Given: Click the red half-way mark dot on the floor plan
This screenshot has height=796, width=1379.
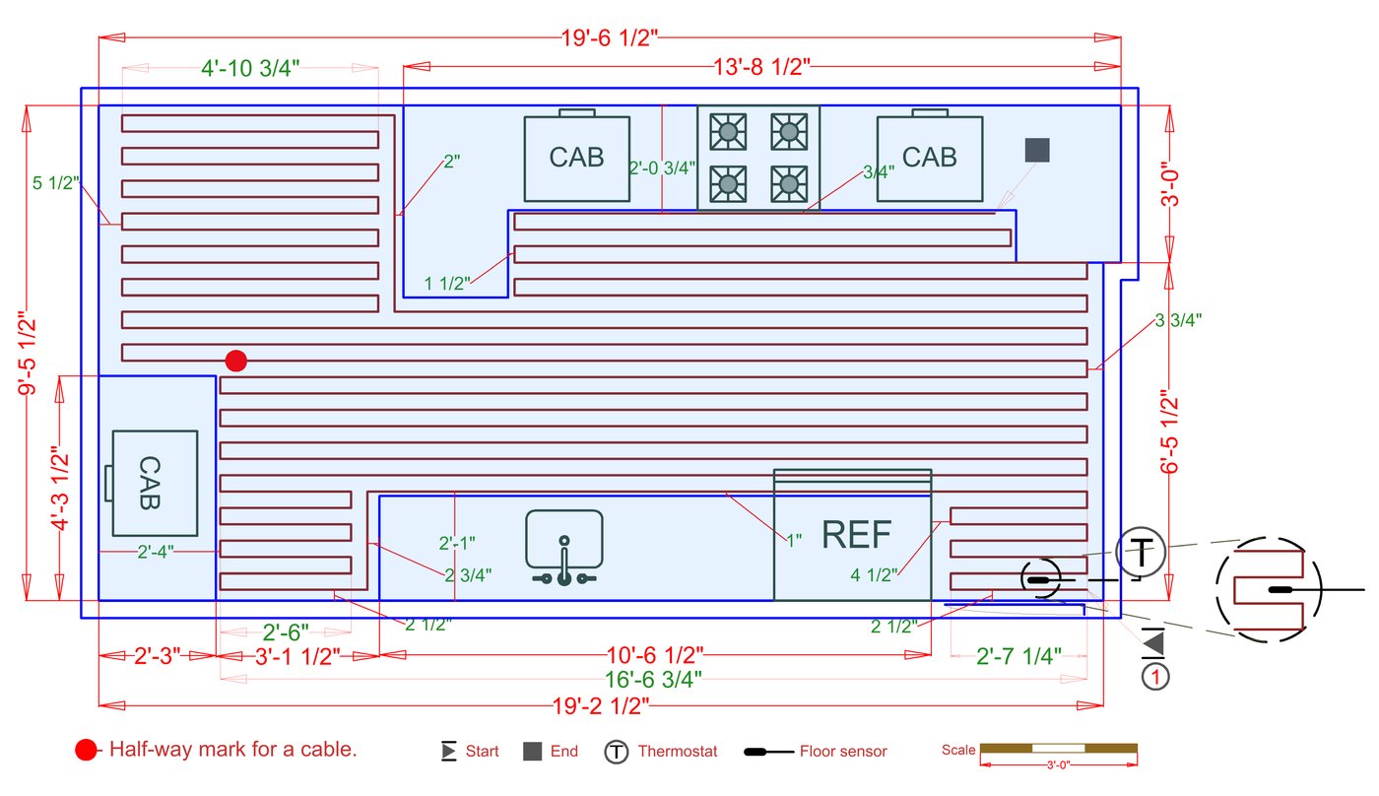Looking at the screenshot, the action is coord(236,361).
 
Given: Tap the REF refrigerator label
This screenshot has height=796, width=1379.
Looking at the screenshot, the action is coord(856,534).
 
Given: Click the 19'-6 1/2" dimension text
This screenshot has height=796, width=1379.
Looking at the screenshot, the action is coord(610,38).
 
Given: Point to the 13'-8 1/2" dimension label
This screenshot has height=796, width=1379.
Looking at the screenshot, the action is coord(761,66).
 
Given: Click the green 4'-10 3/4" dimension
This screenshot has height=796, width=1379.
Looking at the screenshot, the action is coord(250,68).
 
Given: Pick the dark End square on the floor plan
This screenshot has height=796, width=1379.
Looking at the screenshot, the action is coord(1037,150).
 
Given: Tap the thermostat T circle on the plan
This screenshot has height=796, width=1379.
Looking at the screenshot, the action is coord(1141,553).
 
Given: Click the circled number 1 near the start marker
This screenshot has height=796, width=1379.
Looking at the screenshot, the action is coord(1155,677).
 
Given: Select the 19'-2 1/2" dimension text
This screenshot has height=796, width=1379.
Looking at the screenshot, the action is coord(601,706).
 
